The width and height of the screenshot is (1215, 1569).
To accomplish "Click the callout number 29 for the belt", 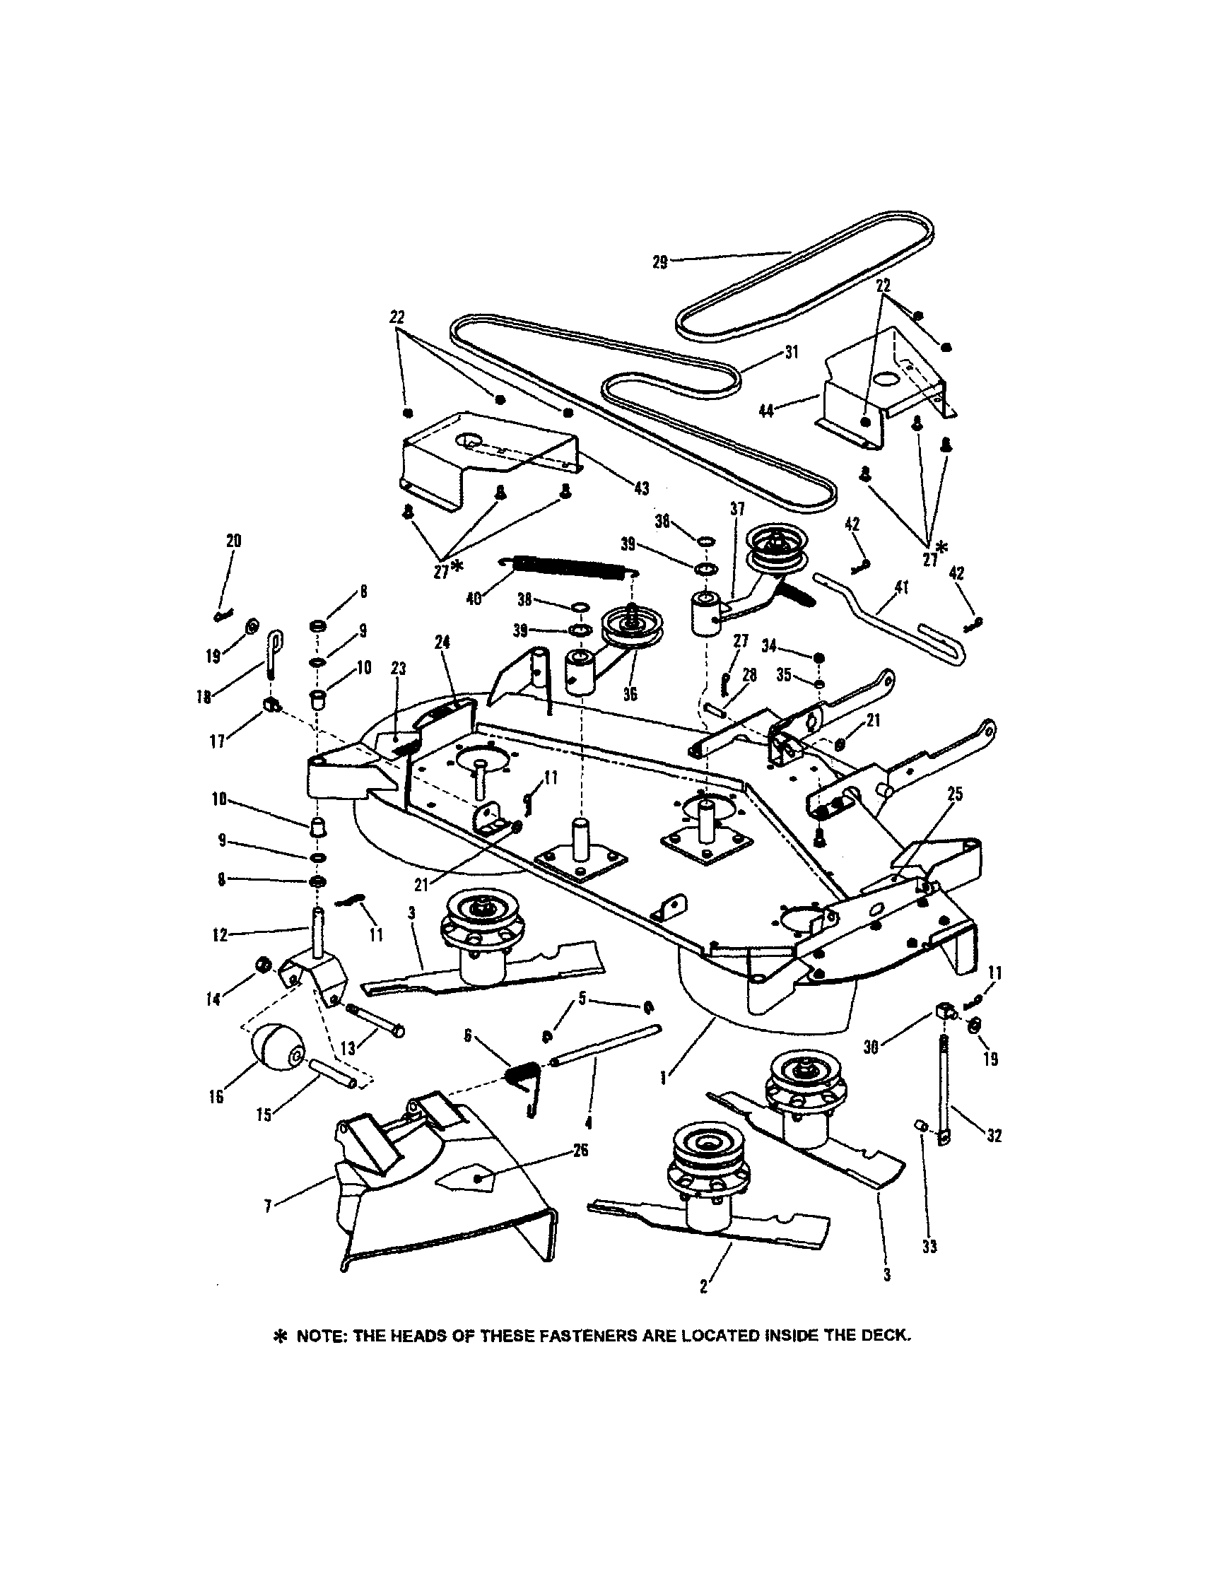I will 659,262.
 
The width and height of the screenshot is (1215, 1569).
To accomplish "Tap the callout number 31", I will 790,353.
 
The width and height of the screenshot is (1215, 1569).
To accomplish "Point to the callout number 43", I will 641,488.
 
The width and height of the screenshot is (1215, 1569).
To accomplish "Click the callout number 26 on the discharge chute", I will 580,1150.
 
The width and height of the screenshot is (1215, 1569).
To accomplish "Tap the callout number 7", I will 268,1206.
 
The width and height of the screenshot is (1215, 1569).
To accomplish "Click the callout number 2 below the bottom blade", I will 703,1287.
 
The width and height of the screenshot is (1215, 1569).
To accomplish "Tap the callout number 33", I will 929,1247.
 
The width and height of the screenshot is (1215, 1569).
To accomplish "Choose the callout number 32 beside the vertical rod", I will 994,1136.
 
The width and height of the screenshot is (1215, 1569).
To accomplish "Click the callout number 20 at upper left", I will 233,541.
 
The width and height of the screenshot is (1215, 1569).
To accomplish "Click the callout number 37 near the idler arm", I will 737,509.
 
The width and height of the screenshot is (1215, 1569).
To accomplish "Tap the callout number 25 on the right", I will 955,794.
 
